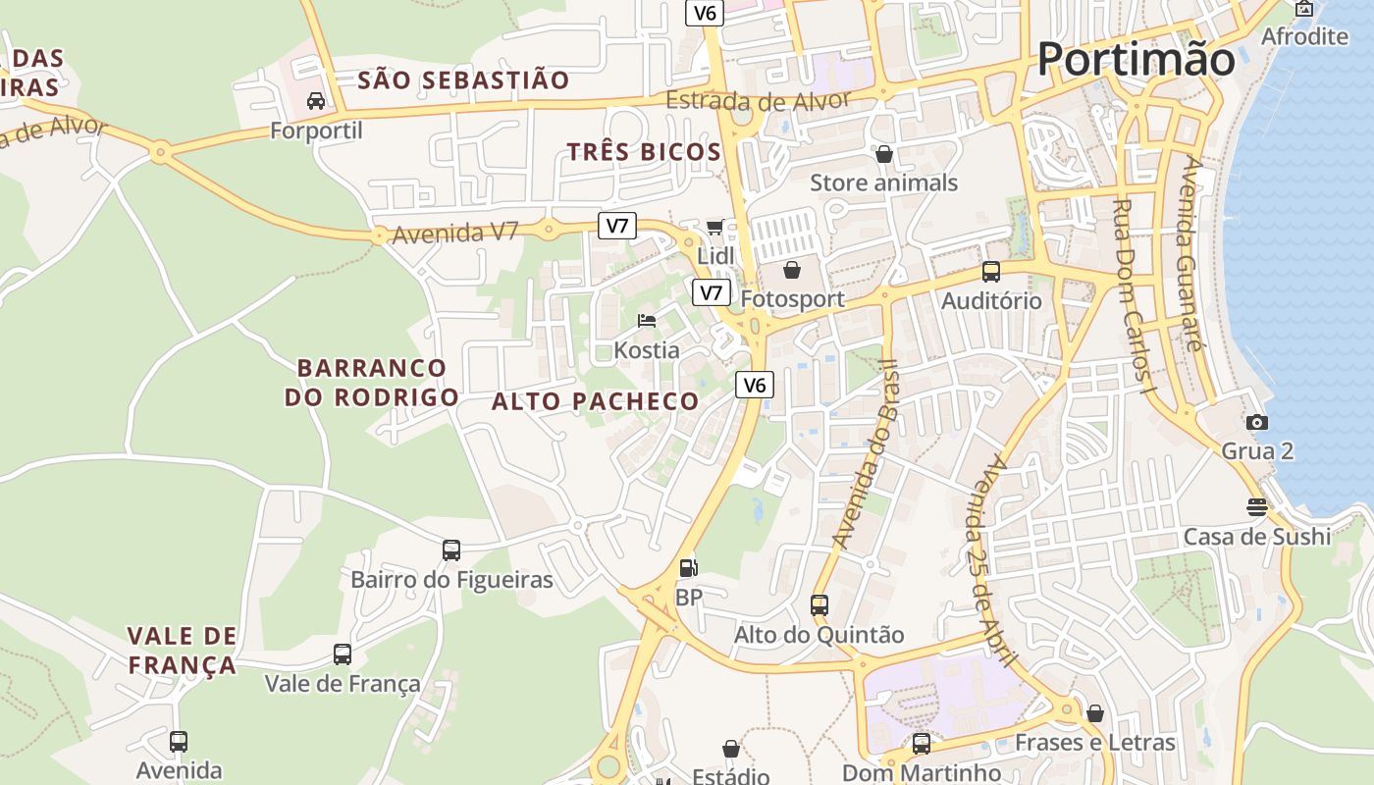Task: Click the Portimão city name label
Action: [1136, 59]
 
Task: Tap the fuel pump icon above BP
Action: [689, 567]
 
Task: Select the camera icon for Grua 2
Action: [1256, 422]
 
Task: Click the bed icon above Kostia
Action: [646, 321]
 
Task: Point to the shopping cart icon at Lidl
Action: [715, 228]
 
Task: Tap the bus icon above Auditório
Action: [991, 272]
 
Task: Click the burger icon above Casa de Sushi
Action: [1256, 507]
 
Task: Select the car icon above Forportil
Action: [316, 101]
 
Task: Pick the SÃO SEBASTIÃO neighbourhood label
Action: [463, 80]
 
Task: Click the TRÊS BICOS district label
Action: [644, 152]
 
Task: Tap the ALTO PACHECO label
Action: [595, 401]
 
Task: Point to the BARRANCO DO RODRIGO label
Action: [372, 383]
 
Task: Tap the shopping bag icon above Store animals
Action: [884, 154]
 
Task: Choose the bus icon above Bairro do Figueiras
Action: [451, 550]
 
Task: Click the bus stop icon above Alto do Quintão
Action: [819, 605]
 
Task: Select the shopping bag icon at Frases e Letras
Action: [1095, 713]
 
